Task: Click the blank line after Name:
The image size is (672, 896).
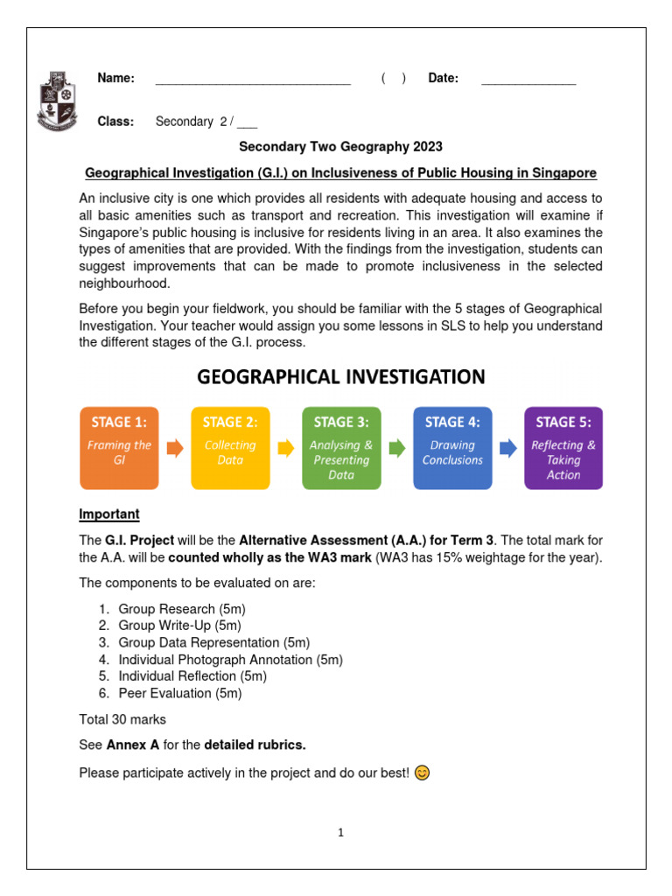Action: point(253,81)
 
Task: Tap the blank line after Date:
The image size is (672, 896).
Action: point(528,81)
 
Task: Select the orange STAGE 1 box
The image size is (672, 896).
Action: point(119,447)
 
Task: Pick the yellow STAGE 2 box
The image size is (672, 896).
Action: point(230,447)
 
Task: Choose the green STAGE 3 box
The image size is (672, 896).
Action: point(341,447)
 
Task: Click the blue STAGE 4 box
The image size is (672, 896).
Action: point(452,447)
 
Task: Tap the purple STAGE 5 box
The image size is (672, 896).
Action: point(563,447)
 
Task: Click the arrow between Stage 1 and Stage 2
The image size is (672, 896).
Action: point(175,448)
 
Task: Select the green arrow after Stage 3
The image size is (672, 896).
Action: point(397,448)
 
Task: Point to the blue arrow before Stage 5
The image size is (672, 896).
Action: point(508,448)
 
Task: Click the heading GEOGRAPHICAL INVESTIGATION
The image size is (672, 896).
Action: point(340,377)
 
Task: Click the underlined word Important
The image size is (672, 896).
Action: point(109,514)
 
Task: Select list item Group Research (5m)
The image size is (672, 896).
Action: point(178,609)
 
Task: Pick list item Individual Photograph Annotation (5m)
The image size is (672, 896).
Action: point(230,660)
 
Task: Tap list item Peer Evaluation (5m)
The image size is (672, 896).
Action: point(179,693)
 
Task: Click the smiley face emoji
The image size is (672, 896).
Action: point(422,773)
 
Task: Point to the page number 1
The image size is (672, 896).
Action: point(341,833)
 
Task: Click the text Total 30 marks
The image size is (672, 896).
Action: point(122,719)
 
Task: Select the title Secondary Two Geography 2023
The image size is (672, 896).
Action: point(341,147)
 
